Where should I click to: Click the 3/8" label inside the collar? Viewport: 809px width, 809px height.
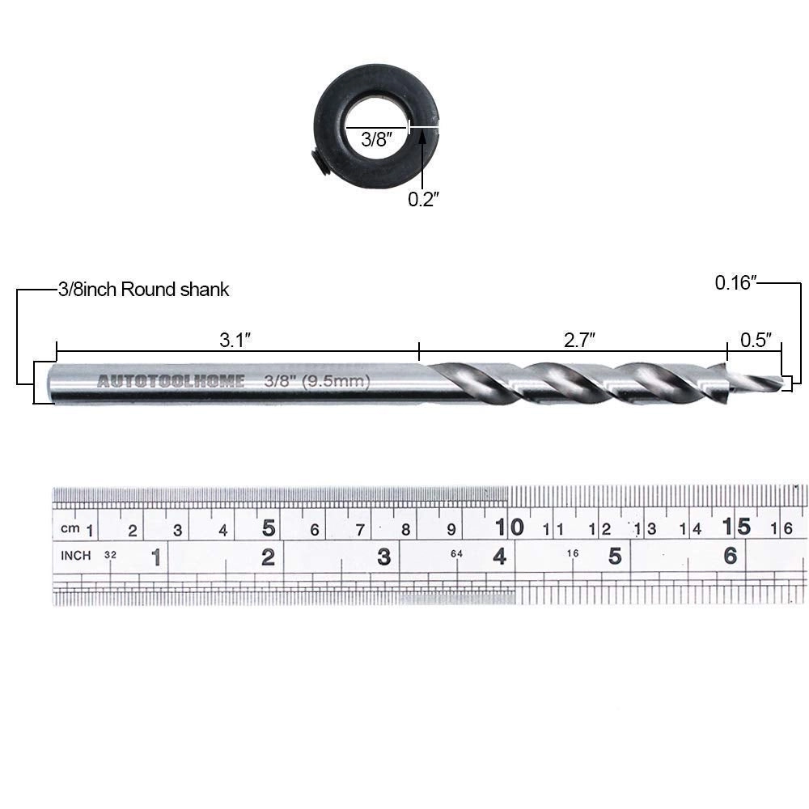(x=375, y=138)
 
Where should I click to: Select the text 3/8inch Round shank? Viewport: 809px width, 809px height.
(x=143, y=290)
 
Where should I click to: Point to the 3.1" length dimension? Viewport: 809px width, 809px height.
(x=235, y=341)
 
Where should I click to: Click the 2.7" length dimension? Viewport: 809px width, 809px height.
(x=580, y=341)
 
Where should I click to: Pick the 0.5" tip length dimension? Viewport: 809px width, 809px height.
(x=756, y=341)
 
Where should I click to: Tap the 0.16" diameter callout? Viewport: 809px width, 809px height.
(x=735, y=282)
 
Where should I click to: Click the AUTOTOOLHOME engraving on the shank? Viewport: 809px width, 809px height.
(x=171, y=382)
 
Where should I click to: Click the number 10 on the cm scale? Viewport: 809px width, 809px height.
(x=510, y=527)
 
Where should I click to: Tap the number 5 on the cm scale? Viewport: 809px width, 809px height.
(x=269, y=528)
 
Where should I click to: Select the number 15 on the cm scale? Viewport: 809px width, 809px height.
(x=737, y=527)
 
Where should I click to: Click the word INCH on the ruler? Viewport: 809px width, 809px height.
(x=76, y=556)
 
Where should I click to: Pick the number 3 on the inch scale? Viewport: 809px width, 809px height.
(x=384, y=557)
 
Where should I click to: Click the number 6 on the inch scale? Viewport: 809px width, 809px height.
(x=731, y=556)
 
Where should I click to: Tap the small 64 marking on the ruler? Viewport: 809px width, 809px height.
(x=456, y=553)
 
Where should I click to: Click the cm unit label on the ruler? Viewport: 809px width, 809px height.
(x=70, y=529)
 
